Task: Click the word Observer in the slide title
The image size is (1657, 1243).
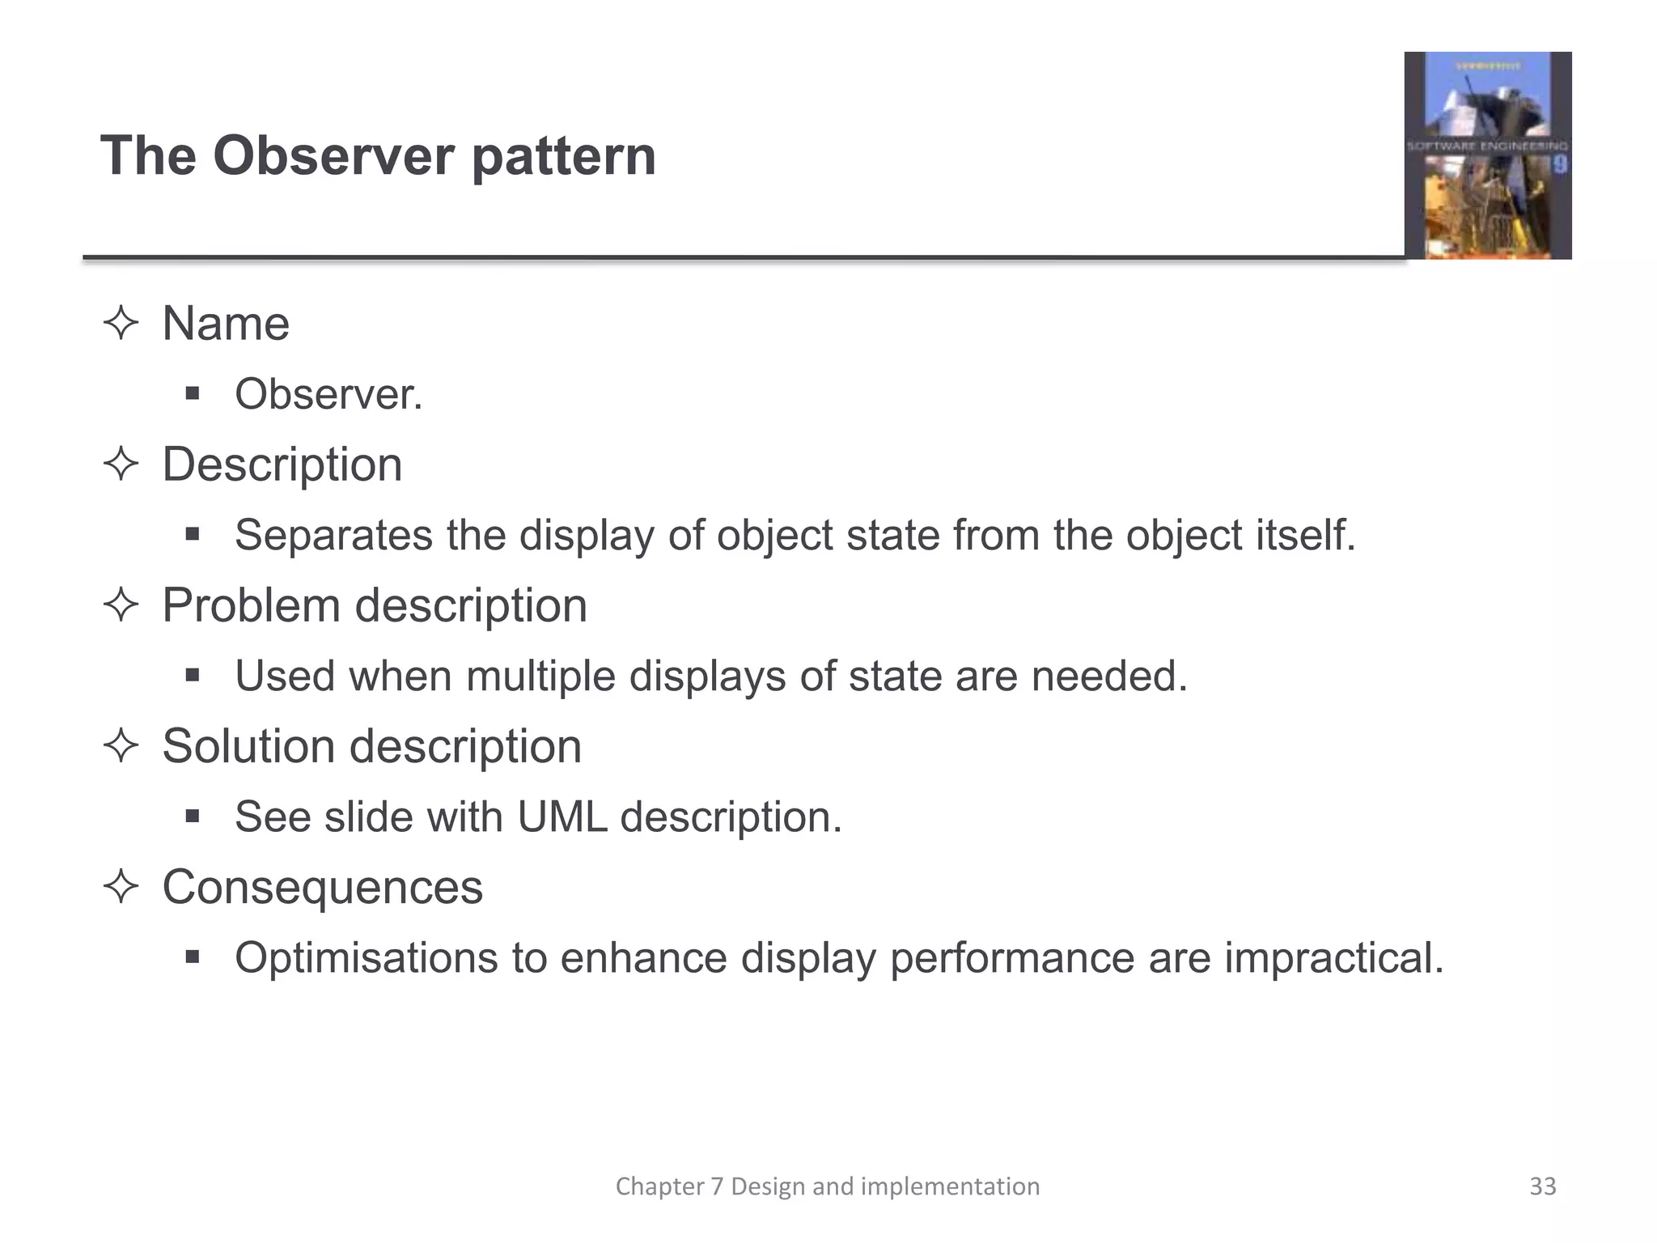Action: pos(333,155)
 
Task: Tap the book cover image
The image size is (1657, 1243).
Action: pos(1487,155)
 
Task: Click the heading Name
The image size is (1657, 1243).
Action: pos(226,324)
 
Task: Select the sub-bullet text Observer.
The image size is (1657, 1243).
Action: pos(328,395)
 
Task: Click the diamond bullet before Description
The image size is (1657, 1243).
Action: pos(121,465)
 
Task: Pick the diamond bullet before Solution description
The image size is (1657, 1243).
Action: pos(121,746)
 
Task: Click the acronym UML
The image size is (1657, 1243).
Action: pos(562,817)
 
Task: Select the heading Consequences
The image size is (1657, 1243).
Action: pos(322,888)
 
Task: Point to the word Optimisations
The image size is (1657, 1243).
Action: pos(366,958)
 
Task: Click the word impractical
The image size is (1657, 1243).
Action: pos(1333,958)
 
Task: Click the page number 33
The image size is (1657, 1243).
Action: pos(1542,1186)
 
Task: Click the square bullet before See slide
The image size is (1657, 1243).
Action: pos(192,816)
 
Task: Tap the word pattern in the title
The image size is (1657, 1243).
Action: pos(563,155)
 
